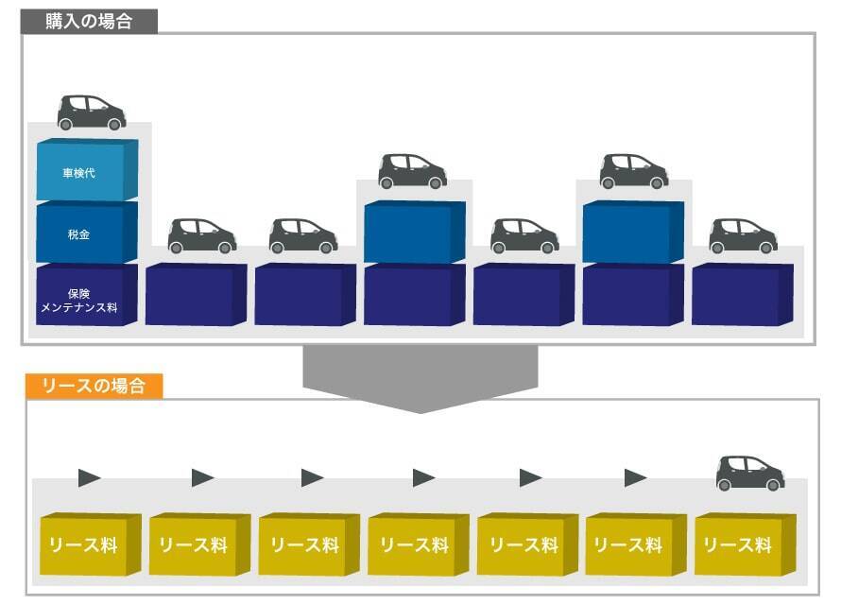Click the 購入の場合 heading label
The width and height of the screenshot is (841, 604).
(89, 22)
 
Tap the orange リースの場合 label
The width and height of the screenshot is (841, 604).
(94, 386)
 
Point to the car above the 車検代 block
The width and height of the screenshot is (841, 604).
(92, 112)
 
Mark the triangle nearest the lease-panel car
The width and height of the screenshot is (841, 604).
(636, 478)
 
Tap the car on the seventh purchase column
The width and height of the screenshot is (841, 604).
(744, 236)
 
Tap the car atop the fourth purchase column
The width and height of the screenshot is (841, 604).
(413, 171)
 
